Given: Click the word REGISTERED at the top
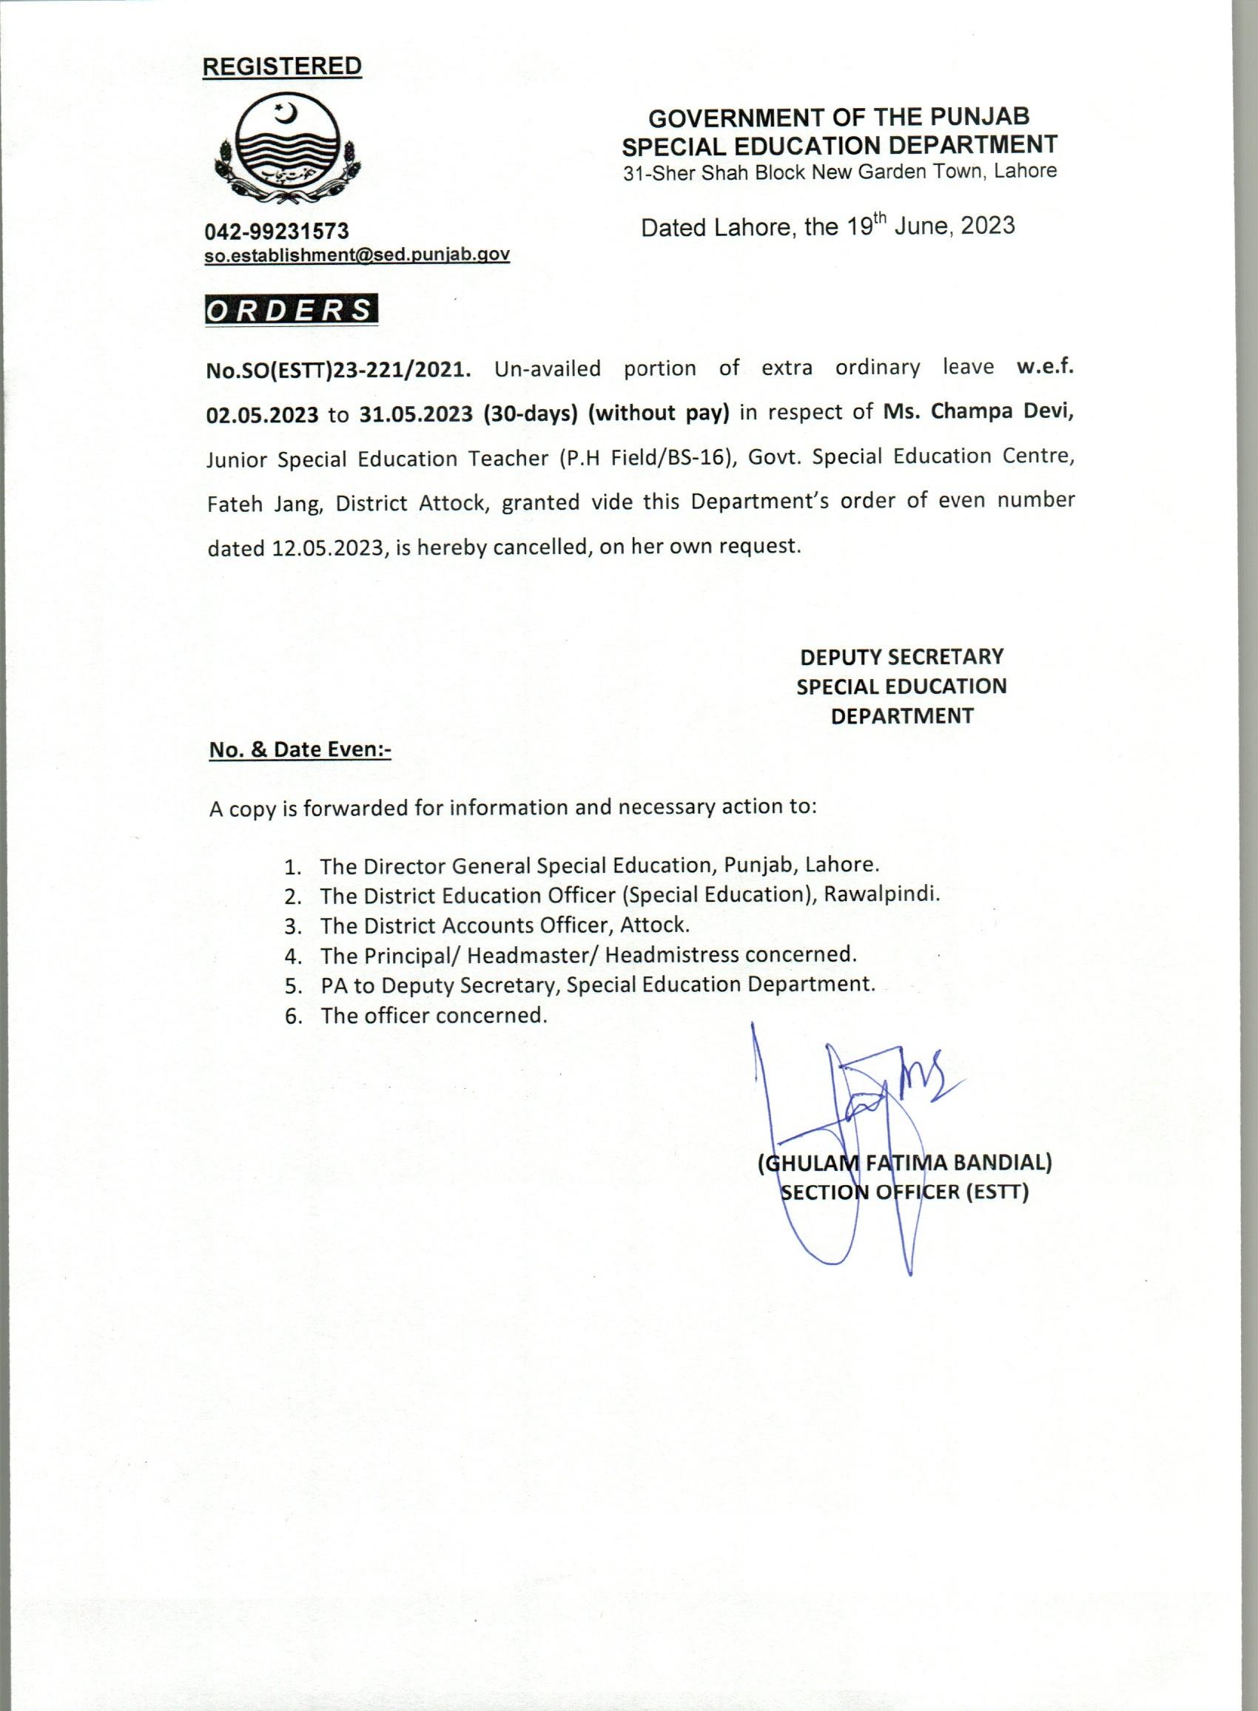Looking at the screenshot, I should pyautogui.click(x=282, y=67).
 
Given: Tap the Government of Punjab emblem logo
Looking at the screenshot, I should pyautogui.click(x=289, y=152).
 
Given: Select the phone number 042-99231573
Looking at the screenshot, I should pyautogui.click(x=277, y=230).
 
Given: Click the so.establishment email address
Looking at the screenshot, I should pyautogui.click(x=357, y=255).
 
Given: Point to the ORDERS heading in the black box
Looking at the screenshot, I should pyautogui.click(x=291, y=311).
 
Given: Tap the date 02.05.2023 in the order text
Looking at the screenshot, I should pyautogui.click(x=263, y=415).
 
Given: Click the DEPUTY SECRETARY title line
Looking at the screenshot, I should pyautogui.click(x=901, y=657).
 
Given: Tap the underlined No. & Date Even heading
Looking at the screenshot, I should pyautogui.click(x=300, y=749).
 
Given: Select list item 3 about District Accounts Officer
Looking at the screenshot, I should pyautogui.click(x=504, y=925).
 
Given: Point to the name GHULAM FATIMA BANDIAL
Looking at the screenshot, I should pyautogui.click(x=905, y=1163).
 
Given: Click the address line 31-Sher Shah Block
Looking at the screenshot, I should pyautogui.click(x=840, y=172).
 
